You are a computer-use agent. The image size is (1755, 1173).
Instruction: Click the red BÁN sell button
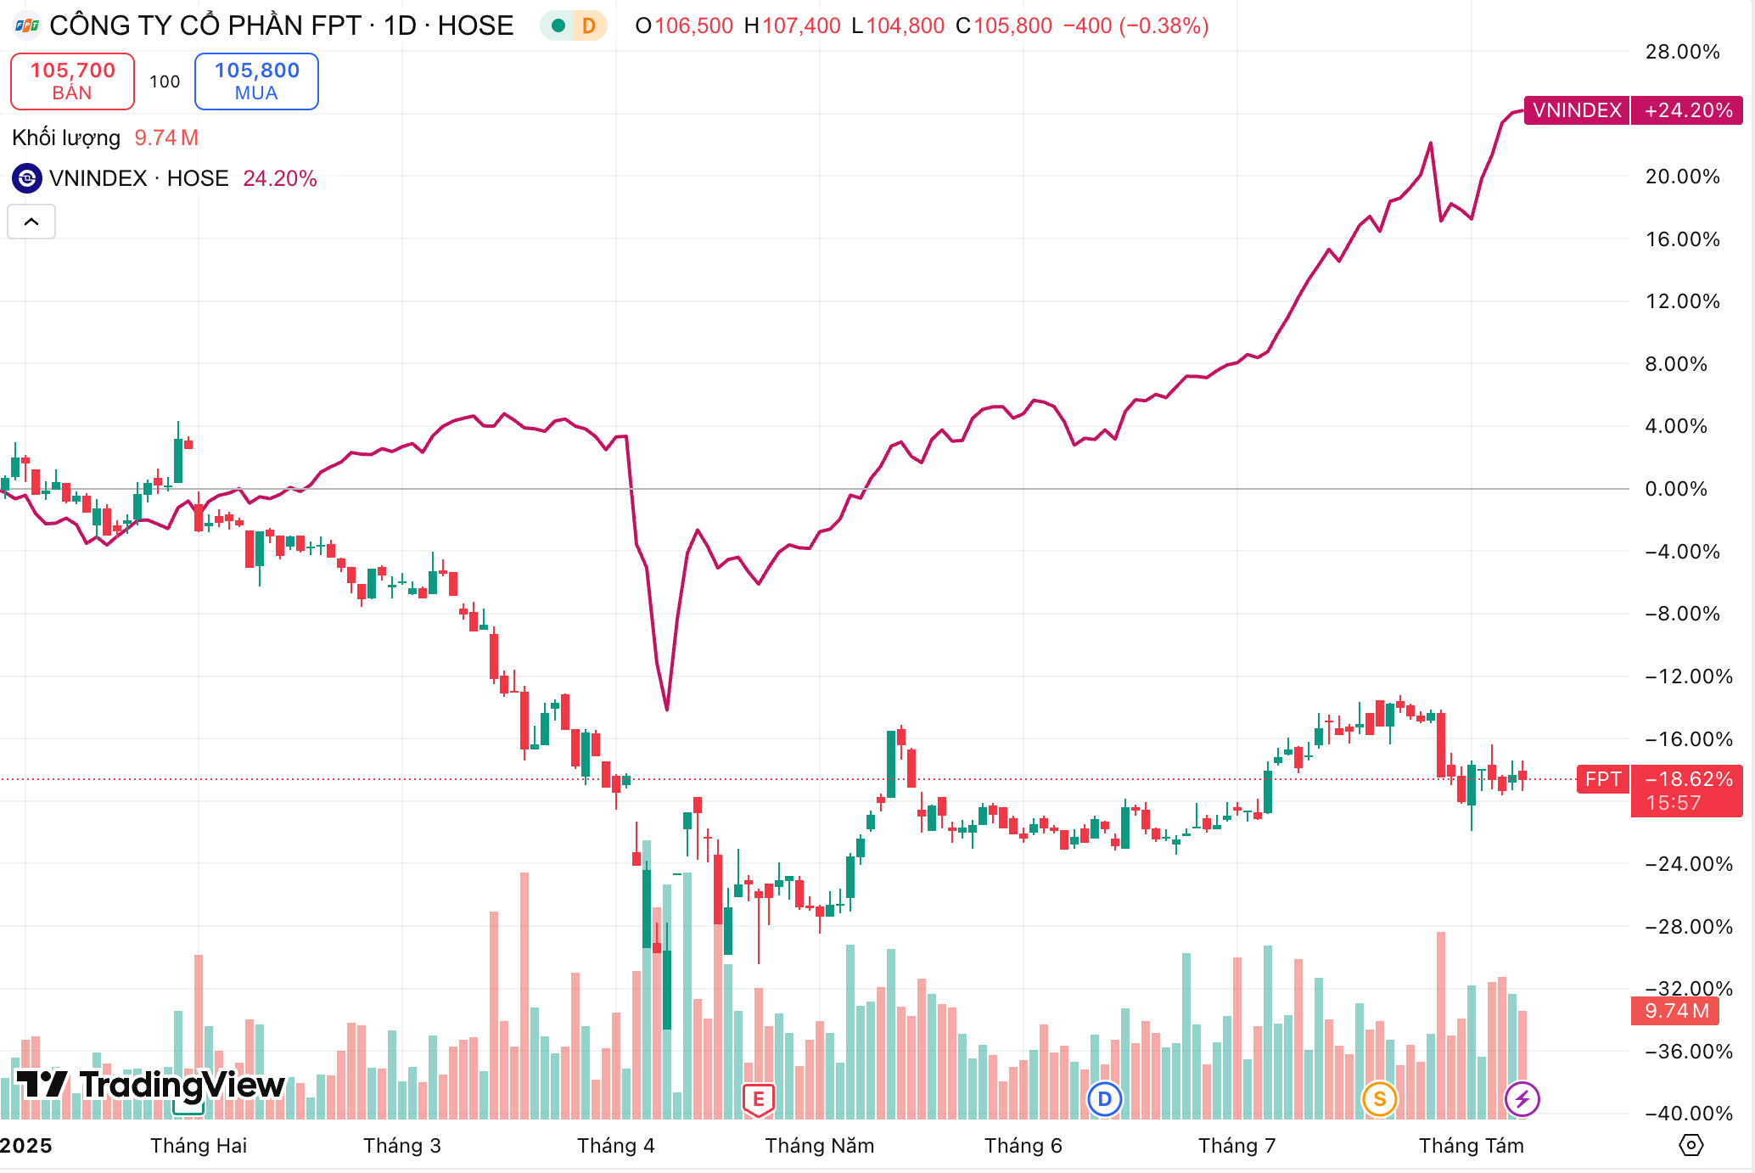pyautogui.click(x=72, y=81)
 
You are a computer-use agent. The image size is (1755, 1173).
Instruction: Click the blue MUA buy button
pyautogui.click(x=256, y=81)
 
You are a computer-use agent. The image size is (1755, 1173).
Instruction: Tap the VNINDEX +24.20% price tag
pyautogui.click(x=1633, y=110)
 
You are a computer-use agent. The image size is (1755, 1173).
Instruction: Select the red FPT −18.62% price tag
pyautogui.click(x=1659, y=790)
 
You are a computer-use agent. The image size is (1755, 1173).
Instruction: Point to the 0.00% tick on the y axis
pyautogui.click(x=1676, y=489)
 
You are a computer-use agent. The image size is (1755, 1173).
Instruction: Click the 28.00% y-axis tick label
pyautogui.click(x=1682, y=52)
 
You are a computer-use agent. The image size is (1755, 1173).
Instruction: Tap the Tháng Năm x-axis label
pyautogui.click(x=819, y=1146)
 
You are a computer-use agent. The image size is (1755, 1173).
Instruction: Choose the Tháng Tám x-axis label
pyautogui.click(x=1471, y=1146)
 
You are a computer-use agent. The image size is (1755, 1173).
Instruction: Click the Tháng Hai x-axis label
pyautogui.click(x=199, y=1146)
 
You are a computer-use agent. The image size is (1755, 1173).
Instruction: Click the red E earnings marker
pyautogui.click(x=758, y=1100)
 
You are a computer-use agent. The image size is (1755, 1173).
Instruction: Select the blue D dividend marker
pyautogui.click(x=1104, y=1100)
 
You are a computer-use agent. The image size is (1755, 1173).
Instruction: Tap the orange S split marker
pyautogui.click(x=1379, y=1100)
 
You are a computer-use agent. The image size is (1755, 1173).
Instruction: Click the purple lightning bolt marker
pyautogui.click(x=1522, y=1100)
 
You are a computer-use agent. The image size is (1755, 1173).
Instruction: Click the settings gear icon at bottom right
pyautogui.click(x=1691, y=1145)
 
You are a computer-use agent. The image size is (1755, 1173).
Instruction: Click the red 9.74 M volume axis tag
pyautogui.click(x=1676, y=1011)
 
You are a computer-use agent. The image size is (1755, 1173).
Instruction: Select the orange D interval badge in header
pyautogui.click(x=588, y=25)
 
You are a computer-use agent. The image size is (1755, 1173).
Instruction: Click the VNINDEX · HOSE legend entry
pyautogui.click(x=138, y=178)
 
